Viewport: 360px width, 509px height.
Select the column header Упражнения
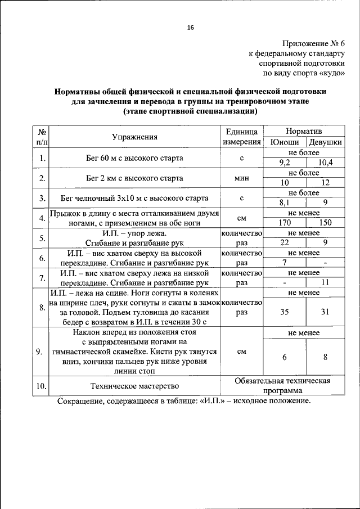[134, 137]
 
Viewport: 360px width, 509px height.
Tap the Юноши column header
[284, 142]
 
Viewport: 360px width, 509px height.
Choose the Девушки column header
[325, 142]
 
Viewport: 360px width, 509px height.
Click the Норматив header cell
[304, 130]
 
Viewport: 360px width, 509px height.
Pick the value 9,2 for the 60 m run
[284, 163]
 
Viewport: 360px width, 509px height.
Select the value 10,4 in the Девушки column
[325, 163]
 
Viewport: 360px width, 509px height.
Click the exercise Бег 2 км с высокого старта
[134, 178]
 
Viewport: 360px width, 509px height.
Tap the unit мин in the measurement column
[241, 178]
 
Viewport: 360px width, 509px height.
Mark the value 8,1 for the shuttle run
[284, 202]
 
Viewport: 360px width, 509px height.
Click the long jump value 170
[284, 222]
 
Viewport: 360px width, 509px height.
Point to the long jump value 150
[325, 222]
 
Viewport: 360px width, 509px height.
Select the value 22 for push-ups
[284, 242]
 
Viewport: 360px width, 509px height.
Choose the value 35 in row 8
[284, 312]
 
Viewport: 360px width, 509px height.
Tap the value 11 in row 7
[325, 282]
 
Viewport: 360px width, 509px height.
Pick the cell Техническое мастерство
[134, 386]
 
